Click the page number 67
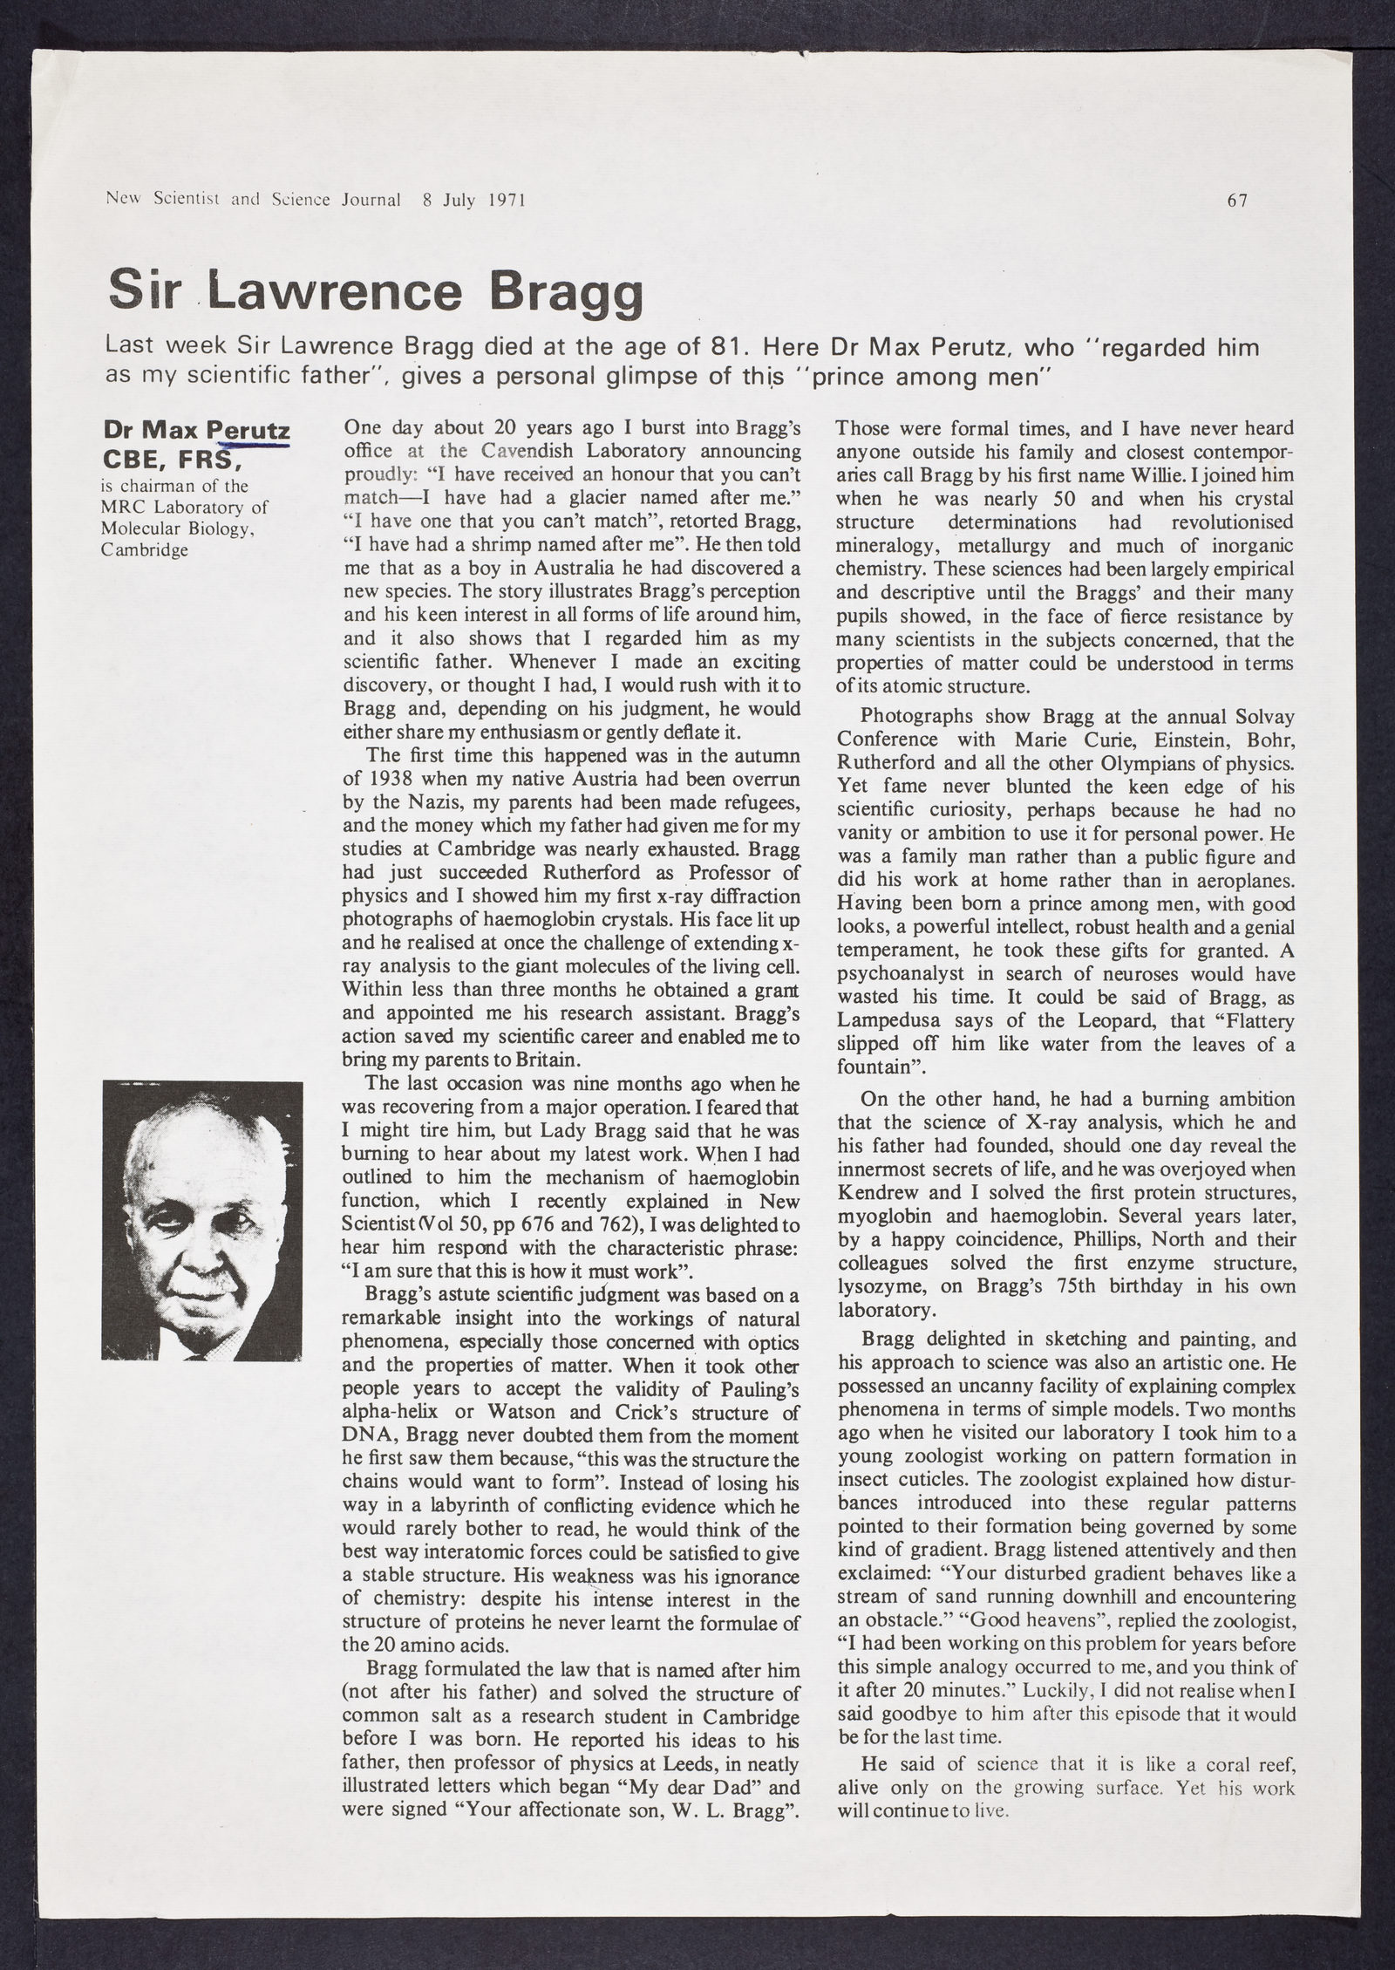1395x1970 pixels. tap(1237, 200)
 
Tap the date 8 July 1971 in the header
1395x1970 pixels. tap(473, 200)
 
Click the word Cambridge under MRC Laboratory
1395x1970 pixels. tap(145, 550)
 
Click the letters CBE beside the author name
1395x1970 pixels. tap(130, 459)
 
